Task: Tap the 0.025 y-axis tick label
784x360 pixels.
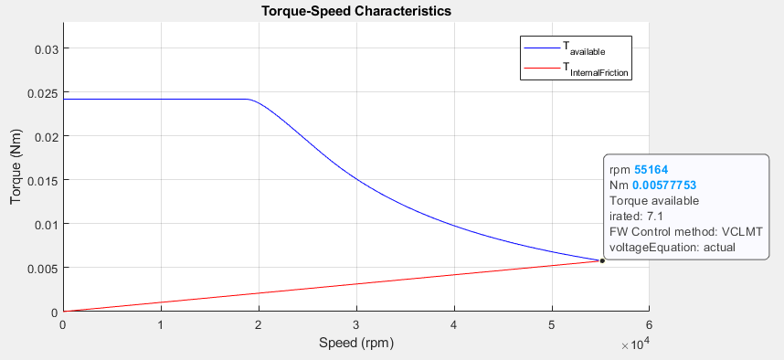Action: pos(41,92)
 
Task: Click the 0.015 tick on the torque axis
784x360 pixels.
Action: pos(41,180)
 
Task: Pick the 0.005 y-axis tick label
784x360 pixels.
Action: pos(41,268)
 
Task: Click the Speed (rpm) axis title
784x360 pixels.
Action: pos(355,344)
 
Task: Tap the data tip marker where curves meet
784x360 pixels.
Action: pos(602,261)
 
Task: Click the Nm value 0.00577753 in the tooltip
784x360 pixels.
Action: pos(664,185)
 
